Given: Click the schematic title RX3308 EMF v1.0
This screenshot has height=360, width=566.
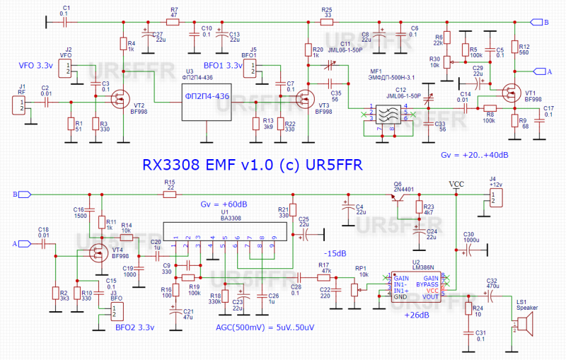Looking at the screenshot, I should click(x=252, y=165).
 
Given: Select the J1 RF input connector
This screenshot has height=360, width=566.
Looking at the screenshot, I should click(x=21, y=105).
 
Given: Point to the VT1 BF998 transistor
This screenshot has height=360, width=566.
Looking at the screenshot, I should click(x=512, y=93).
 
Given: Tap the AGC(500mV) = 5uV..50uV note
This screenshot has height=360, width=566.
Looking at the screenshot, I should click(x=265, y=327).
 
